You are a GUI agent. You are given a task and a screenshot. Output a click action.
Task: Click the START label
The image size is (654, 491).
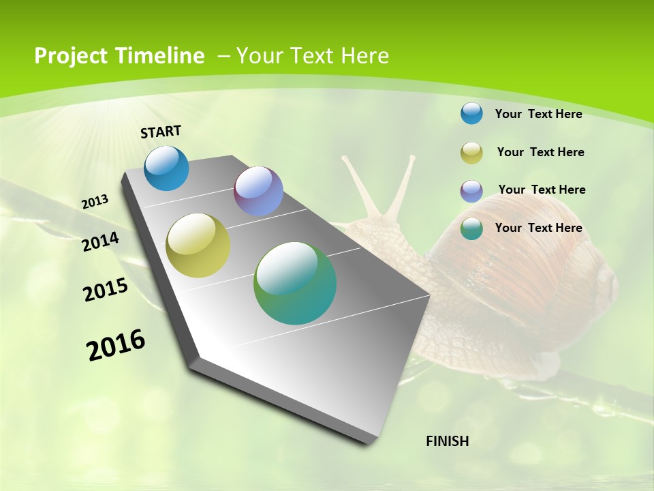click(161, 132)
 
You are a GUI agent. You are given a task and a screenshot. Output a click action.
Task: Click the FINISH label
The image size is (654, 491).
click(448, 441)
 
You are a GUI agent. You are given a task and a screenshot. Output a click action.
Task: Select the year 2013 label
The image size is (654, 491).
click(95, 202)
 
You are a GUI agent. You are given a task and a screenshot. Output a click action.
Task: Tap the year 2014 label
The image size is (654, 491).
click(100, 241)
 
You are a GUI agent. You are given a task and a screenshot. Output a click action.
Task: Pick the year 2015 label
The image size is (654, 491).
click(106, 290)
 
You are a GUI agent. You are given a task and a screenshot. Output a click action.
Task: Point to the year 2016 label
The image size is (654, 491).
click(116, 345)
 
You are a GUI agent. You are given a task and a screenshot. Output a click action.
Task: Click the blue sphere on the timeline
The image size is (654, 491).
click(167, 168)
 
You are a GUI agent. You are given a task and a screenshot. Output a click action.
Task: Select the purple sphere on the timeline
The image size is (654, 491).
click(258, 191)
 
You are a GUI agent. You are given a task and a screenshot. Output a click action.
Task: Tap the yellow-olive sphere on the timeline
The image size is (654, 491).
click(198, 245)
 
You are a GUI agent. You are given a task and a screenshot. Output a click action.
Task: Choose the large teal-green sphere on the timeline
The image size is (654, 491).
click(295, 283)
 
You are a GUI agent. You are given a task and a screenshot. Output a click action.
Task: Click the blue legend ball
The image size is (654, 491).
click(471, 113)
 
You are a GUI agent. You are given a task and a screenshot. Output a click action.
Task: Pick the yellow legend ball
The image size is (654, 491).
click(471, 153)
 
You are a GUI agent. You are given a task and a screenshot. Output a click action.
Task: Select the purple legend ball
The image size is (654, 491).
click(471, 190)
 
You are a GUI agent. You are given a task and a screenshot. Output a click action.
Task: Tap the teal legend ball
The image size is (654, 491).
click(471, 228)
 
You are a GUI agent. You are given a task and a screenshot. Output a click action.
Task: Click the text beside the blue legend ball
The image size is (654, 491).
click(538, 114)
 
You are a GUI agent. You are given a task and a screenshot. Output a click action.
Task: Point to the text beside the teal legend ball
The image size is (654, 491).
click(538, 228)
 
